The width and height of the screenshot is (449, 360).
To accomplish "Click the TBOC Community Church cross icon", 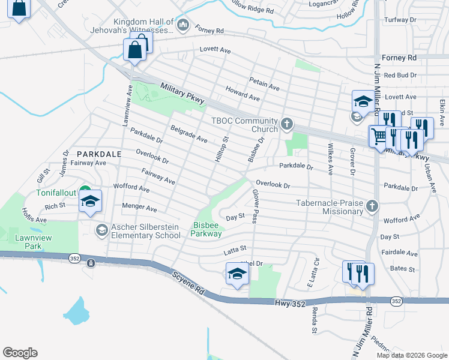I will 287,124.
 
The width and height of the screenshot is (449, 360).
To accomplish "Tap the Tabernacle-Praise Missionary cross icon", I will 372,207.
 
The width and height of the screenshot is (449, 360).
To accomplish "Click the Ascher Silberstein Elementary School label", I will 143,230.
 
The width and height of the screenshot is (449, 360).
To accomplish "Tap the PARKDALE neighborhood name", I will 99,154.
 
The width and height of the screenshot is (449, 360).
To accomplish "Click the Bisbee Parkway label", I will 207,230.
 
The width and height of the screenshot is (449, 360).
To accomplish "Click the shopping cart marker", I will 378,137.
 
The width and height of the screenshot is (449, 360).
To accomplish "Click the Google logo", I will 20,353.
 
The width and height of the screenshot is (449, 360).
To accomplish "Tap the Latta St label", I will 235,248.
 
